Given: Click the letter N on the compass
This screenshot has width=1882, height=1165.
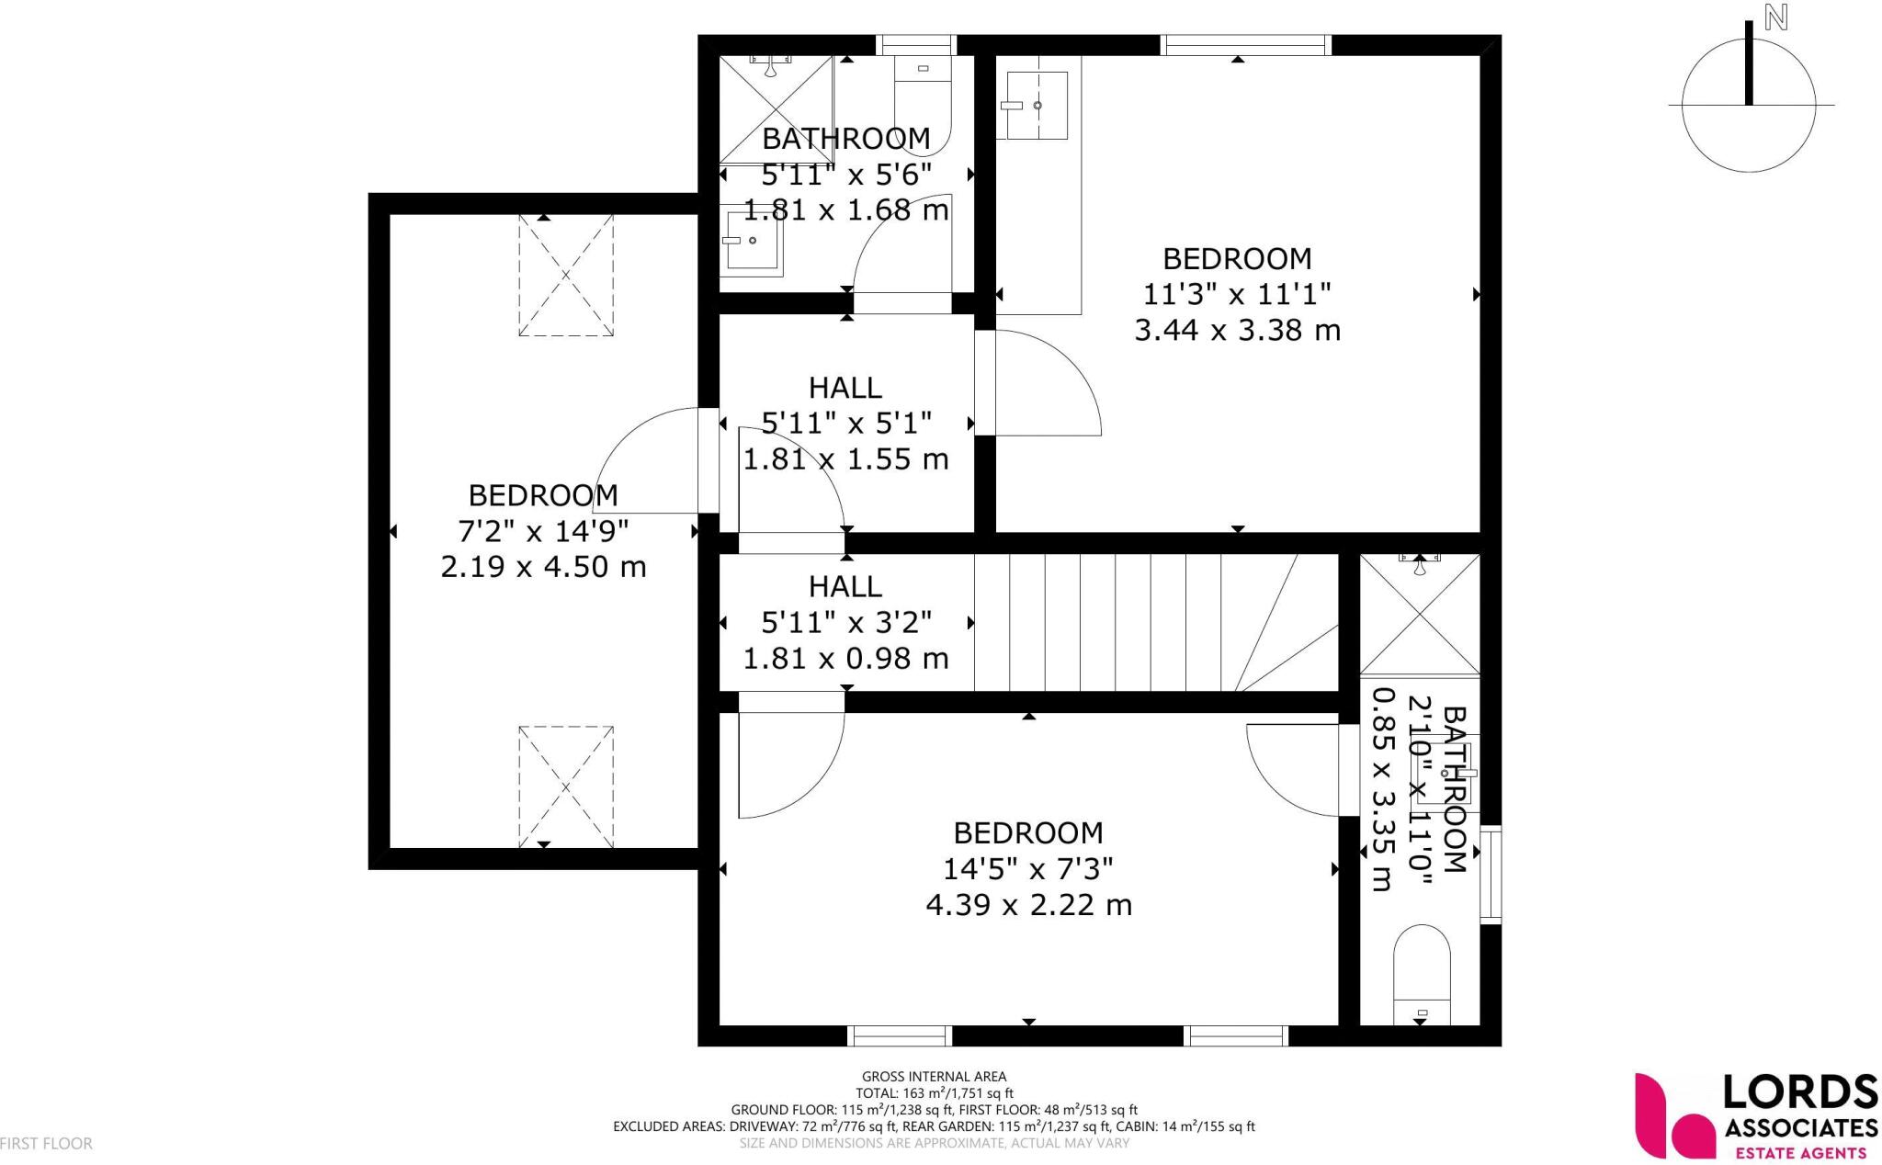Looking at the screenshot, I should (x=1775, y=18).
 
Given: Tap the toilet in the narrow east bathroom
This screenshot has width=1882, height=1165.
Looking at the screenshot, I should (x=1422, y=975).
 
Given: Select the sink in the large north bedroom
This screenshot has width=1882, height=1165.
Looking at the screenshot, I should (x=1036, y=106).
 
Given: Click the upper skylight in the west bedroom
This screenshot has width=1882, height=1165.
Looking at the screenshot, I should (x=565, y=275).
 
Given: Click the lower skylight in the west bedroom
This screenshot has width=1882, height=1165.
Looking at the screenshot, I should (x=565, y=786).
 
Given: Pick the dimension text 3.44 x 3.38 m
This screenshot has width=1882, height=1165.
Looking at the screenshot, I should (x=1237, y=330).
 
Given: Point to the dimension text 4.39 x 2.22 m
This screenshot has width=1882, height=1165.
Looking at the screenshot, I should (x=1028, y=905).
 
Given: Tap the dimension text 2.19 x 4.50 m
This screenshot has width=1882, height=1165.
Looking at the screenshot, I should (x=543, y=567).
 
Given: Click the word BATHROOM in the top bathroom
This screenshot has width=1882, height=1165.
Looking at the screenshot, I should (x=845, y=139).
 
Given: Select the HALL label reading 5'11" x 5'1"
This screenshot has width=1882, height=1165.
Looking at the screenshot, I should (x=845, y=388).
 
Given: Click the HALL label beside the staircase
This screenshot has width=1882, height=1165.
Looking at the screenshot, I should (x=845, y=586).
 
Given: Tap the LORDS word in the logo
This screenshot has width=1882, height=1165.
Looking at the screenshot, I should (x=1800, y=1094).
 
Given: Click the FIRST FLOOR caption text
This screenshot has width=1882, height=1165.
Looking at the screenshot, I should (x=46, y=1144).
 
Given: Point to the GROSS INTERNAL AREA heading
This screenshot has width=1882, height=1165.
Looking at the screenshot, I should (x=934, y=1076).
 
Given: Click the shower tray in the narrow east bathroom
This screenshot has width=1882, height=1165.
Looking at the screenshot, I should (x=1420, y=614).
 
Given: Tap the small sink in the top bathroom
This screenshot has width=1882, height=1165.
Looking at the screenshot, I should (x=751, y=242).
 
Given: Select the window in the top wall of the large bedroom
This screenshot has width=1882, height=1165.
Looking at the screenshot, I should (x=1245, y=44).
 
